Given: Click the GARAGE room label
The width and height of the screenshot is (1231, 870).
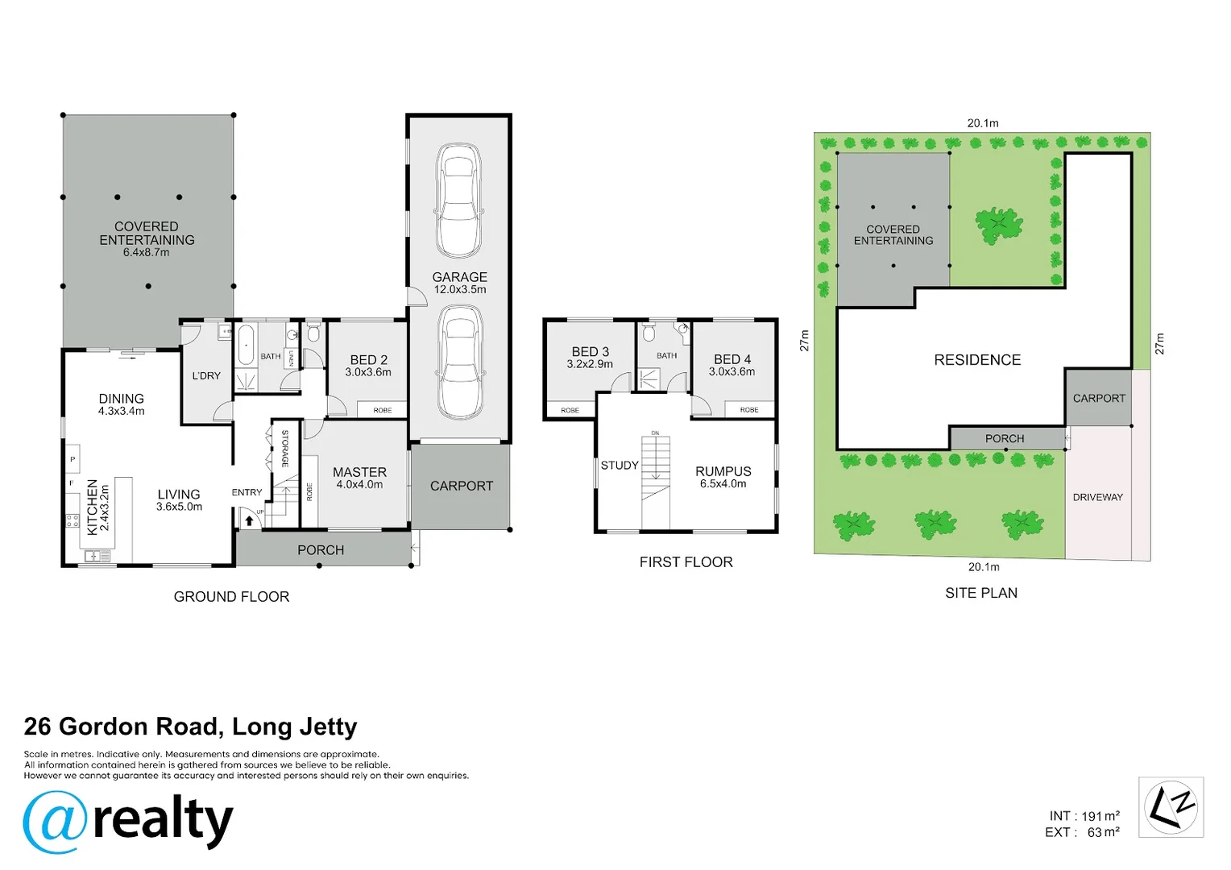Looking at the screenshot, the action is (459, 277).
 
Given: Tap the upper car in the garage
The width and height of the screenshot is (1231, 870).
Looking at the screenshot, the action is (459, 201).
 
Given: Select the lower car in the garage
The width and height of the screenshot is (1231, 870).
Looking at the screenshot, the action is (461, 362).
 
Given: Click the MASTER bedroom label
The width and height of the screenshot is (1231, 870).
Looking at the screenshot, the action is (359, 472).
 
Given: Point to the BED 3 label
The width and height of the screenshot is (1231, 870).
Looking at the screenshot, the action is (591, 352).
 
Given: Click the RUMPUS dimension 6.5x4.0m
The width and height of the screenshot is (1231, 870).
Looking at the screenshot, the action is (723, 483).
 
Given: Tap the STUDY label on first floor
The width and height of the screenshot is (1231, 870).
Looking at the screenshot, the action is (620, 466).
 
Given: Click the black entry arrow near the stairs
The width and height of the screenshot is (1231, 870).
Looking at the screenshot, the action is (249, 520).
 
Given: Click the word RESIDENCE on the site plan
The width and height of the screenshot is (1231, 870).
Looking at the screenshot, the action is (978, 360).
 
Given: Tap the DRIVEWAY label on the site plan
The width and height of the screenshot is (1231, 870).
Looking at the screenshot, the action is (1098, 497).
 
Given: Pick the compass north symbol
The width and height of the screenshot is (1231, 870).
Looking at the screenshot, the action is (1171, 807).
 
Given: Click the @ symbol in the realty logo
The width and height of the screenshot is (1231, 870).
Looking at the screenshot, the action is (55, 822).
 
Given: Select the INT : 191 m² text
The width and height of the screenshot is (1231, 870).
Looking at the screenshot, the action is (1084, 816).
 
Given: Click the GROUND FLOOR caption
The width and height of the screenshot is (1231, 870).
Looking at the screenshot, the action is (231, 597).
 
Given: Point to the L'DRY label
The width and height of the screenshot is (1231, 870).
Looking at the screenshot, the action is (206, 376).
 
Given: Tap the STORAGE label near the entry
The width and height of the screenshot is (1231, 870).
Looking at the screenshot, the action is (285, 449).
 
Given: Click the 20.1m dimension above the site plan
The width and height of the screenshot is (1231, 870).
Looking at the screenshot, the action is (983, 124).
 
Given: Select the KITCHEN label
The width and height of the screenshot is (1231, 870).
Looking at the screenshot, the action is (93, 507).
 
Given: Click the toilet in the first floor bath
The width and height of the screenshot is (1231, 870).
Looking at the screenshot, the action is (649, 332).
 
